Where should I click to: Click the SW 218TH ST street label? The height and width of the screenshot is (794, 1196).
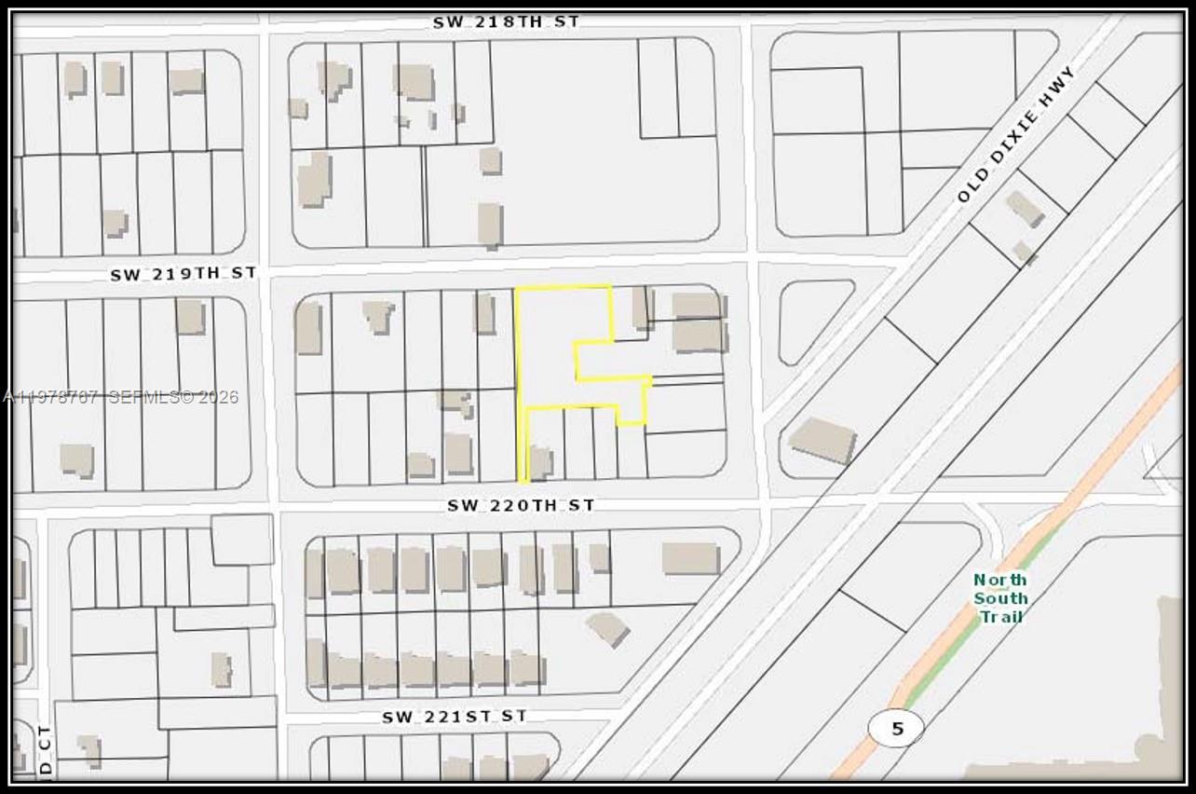tap(505, 21)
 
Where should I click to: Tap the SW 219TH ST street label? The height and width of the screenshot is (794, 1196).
tap(183, 274)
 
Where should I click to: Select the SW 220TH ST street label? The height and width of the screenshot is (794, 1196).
tap(520, 505)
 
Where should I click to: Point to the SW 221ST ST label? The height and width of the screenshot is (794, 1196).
tap(454, 717)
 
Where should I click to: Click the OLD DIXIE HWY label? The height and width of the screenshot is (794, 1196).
tap(1016, 134)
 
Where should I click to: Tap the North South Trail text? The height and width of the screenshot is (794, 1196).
tap(1000, 597)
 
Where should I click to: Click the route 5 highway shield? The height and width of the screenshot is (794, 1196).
tap(897, 728)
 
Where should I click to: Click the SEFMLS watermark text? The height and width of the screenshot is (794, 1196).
tap(173, 397)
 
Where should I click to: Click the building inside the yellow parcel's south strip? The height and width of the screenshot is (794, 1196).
tap(540, 461)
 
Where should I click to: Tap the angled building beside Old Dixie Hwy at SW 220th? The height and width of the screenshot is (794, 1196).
tap(822, 440)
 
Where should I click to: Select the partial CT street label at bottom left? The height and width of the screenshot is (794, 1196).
tap(45, 751)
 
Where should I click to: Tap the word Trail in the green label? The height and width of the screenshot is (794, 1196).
tap(1000, 616)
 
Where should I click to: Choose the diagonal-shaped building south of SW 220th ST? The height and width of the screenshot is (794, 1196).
tap(607, 628)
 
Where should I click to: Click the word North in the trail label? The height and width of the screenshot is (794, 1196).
tap(1000, 580)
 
